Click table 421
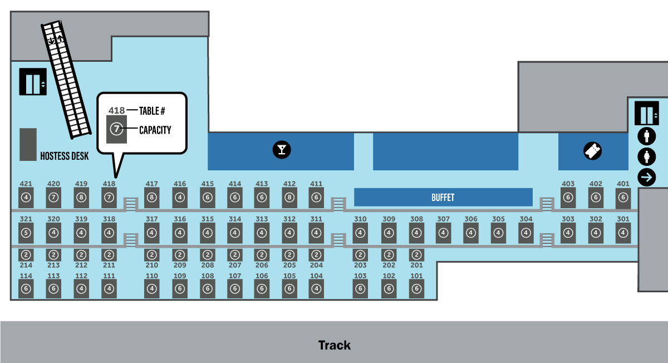pyautogui.click(x=26, y=197)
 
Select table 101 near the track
pyautogui.click(x=416, y=288)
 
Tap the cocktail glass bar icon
pyautogui.click(x=281, y=149)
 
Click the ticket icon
pyautogui.click(x=593, y=151)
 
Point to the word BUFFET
pyautogui.click(x=443, y=198)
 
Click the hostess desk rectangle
pyautogui.click(x=28, y=145)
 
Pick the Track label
pyautogui.click(x=334, y=345)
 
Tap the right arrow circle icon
pyautogui.click(x=647, y=178)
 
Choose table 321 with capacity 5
pyautogui.click(x=26, y=233)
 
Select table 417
pyautogui.click(x=152, y=197)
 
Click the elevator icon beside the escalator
pyautogui.click(x=33, y=82)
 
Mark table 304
pyautogui.click(x=525, y=233)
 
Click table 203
pyautogui.click(x=360, y=255)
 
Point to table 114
pyautogui.click(x=26, y=288)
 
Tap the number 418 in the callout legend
pyautogui.click(x=116, y=110)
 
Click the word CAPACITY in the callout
pyautogui.click(x=155, y=130)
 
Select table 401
pyautogui.click(x=623, y=197)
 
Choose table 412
pyautogui.click(x=289, y=197)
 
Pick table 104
pyautogui.click(x=316, y=288)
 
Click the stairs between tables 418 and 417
pyautogui.click(x=130, y=204)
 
